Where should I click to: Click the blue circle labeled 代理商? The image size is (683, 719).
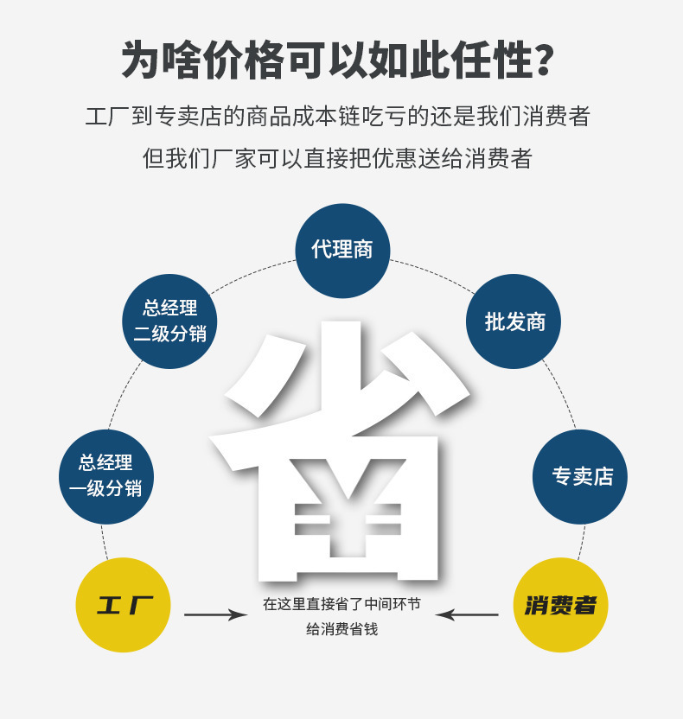point(342,251)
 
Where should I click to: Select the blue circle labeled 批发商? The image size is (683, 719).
point(514,321)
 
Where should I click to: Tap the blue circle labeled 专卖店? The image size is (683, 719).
point(580,476)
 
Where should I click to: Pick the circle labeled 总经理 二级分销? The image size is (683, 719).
point(169,321)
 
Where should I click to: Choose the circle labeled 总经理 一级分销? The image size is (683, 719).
point(105,476)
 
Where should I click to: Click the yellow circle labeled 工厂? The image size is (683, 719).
point(123,605)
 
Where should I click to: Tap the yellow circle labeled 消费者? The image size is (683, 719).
point(560,605)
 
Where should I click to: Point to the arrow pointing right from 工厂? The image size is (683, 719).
point(215,614)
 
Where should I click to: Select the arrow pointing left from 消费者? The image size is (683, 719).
point(467,614)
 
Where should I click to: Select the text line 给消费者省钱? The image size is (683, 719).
point(341,630)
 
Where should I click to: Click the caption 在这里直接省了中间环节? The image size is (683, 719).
point(341,604)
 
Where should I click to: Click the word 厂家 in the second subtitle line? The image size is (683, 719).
point(234,159)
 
